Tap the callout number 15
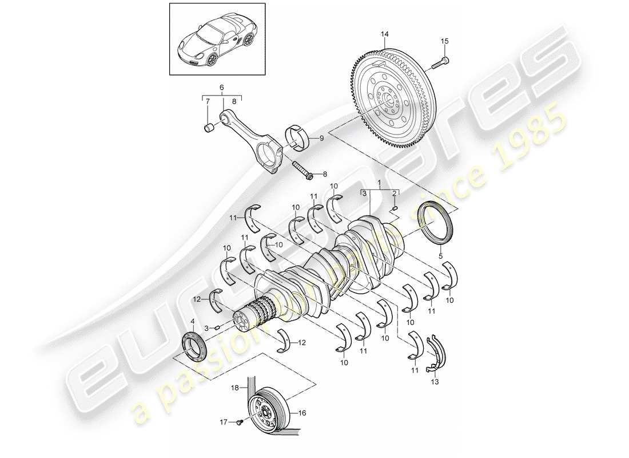[x=445, y=41]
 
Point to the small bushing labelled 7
[x=209, y=126]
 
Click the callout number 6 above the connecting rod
[x=222, y=88]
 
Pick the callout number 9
[x=321, y=138]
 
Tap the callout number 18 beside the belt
[x=234, y=388]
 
